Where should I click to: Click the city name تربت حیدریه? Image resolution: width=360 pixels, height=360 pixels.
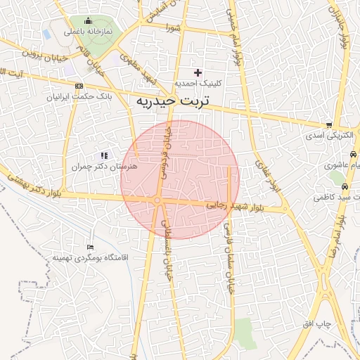(x=172, y=101)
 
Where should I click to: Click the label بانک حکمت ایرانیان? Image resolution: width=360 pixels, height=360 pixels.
(x=69, y=96)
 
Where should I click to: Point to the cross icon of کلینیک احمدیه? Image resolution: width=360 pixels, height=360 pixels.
(x=198, y=72)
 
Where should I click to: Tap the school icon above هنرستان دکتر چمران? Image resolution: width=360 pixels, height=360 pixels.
(x=104, y=155)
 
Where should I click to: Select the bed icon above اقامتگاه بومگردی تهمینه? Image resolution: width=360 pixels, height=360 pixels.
(x=89, y=247)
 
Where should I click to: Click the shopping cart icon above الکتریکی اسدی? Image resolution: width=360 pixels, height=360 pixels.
(x=329, y=124)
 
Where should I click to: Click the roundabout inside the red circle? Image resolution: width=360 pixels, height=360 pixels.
(x=158, y=201)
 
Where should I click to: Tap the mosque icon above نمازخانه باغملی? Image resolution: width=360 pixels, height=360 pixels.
(x=87, y=20)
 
